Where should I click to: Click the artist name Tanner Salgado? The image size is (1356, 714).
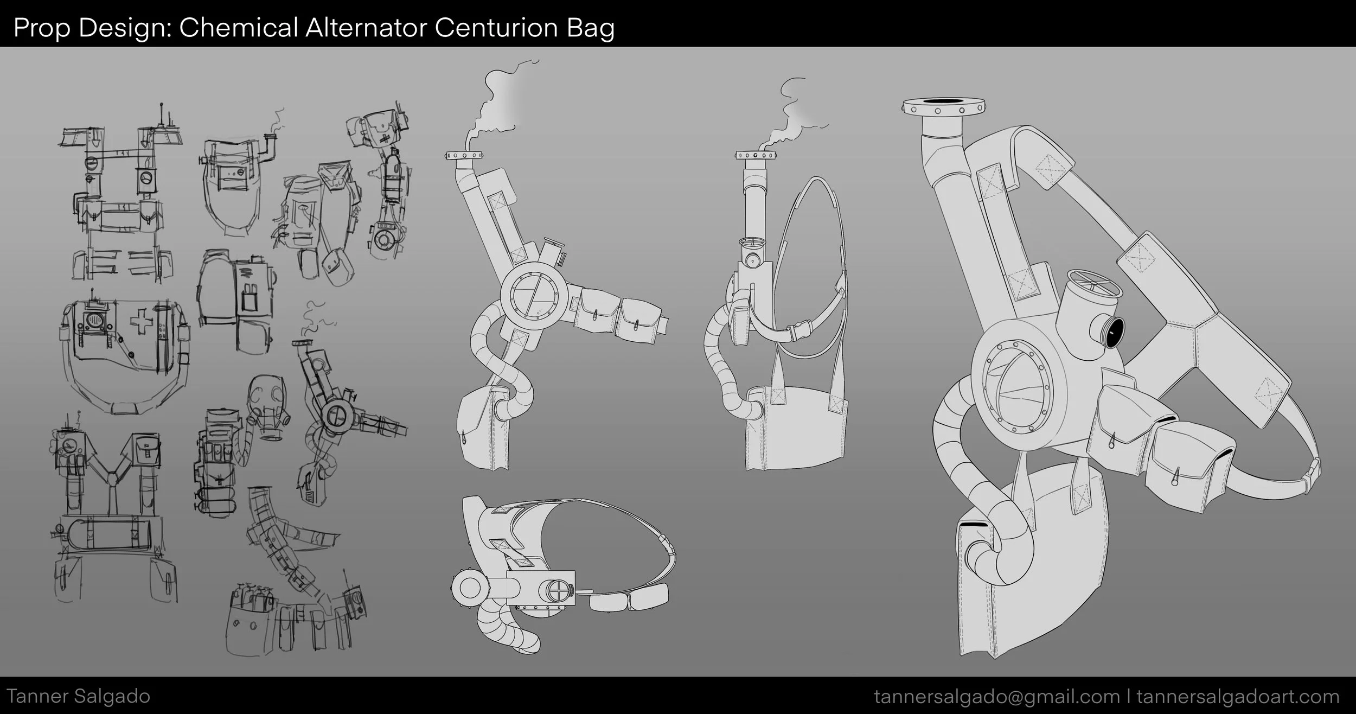79,696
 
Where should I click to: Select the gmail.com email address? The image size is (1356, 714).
996,696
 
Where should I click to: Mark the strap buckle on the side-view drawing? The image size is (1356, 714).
799,328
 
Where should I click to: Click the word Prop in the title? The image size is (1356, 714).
42,28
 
